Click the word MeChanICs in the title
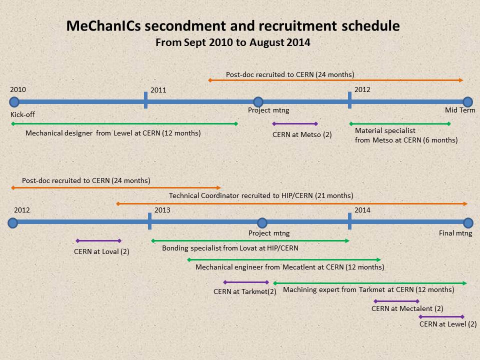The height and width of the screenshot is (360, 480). coord(103,25)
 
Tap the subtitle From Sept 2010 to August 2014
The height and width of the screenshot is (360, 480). coord(233,42)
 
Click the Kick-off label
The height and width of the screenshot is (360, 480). coord(22,114)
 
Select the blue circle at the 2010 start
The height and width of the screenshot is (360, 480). coord(14,102)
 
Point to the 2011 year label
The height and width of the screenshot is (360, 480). coord(158,90)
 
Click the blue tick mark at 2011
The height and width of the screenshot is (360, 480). coord(145,100)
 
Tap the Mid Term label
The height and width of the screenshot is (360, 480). coord(460,110)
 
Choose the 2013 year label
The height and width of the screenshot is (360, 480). coord(162,210)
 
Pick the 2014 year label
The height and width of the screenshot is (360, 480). coord(362,210)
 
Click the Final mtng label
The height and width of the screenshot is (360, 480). coord(455,233)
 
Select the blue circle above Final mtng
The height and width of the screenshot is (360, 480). coord(468,223)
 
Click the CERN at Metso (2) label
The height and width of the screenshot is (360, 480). coord(302,134)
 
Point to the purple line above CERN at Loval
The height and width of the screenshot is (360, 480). coord(98,241)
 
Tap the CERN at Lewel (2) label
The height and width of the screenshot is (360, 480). coord(448,324)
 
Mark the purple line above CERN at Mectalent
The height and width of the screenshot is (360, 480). coord(396,301)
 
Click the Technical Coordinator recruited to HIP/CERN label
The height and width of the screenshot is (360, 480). coord(261,195)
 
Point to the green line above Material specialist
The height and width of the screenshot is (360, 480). coord(400,124)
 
